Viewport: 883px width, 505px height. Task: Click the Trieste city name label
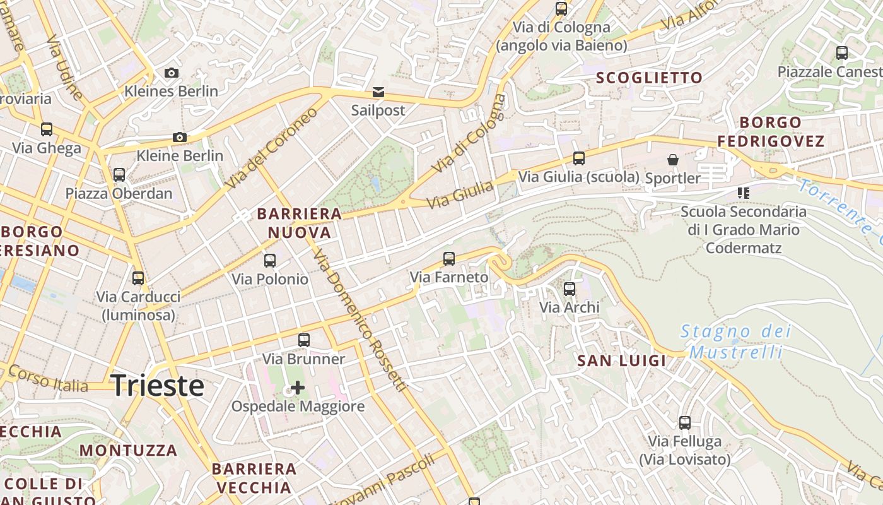158,386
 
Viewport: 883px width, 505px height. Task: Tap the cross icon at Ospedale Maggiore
297,387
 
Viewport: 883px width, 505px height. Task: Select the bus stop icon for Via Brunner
304,340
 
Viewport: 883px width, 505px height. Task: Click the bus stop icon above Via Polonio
270,260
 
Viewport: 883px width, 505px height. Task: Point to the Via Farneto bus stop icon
449,258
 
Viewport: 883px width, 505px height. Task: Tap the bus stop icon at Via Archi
570,289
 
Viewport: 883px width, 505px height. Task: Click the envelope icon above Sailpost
378,93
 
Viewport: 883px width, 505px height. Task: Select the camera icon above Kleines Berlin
171,73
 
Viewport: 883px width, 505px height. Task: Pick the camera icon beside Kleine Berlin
180,138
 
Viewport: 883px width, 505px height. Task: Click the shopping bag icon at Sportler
673,160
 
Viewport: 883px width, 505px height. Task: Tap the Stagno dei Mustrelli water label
735,341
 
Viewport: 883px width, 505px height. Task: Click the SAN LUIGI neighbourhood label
622,361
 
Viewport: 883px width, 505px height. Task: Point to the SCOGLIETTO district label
649,78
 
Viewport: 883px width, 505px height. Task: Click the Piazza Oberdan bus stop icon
119,175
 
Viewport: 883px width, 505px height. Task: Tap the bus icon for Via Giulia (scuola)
579,158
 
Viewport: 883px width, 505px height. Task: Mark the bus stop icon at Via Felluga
685,423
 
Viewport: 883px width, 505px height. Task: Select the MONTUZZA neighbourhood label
129,451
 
